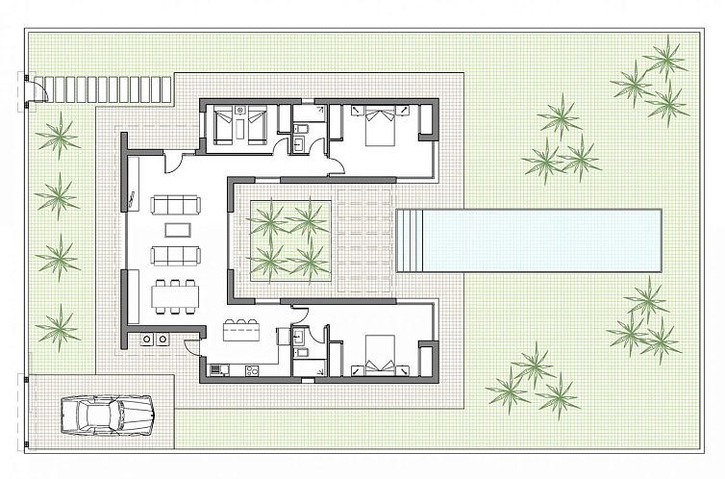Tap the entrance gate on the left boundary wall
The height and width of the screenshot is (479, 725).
tap(33, 88)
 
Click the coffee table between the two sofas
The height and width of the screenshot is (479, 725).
tap(178, 230)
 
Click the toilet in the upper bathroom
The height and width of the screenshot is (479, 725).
tap(301, 127)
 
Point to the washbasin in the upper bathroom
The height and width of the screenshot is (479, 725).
tap(298, 145)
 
